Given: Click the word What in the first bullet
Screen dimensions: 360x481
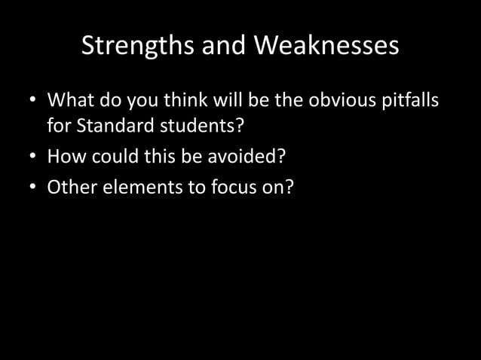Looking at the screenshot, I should coord(70,100).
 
